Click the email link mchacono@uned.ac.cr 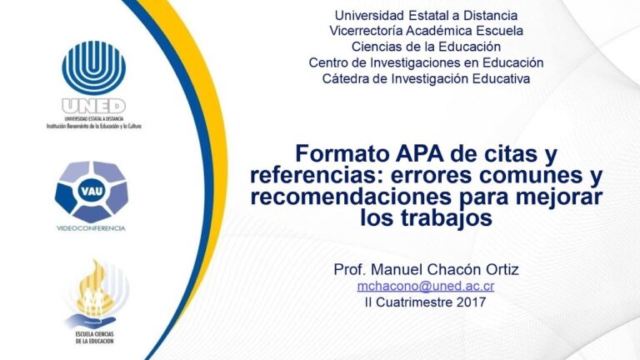coord(426,286)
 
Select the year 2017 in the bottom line coord(472,302)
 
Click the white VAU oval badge coord(92,191)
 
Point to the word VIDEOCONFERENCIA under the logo coord(91,228)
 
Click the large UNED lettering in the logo coord(93,106)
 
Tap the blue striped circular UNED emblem coord(94,67)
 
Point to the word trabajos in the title coord(447,217)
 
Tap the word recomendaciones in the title coord(351,197)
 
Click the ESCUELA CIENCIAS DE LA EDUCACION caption coord(94,337)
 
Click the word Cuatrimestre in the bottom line coord(414,302)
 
